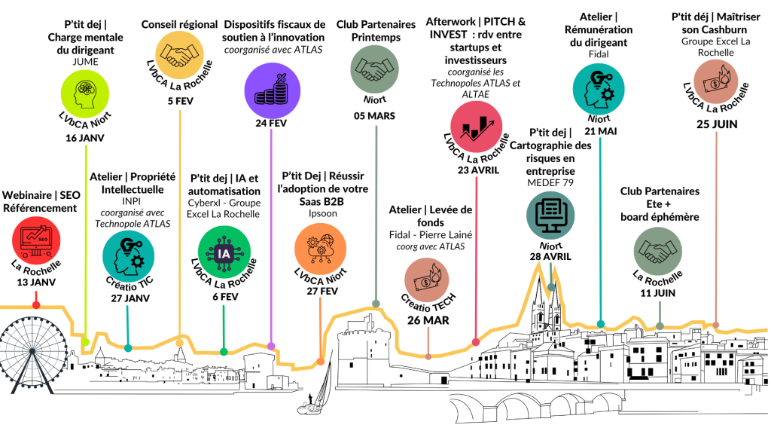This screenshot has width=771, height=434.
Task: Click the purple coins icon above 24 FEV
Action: (x=270, y=86)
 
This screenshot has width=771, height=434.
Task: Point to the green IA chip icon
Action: (x=223, y=253)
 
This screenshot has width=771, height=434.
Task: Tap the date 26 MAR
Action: (x=428, y=320)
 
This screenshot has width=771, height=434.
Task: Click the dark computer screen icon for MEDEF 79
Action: (x=551, y=212)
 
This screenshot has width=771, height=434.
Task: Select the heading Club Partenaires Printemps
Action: (x=376, y=30)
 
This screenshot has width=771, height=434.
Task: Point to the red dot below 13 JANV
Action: (x=35, y=304)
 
